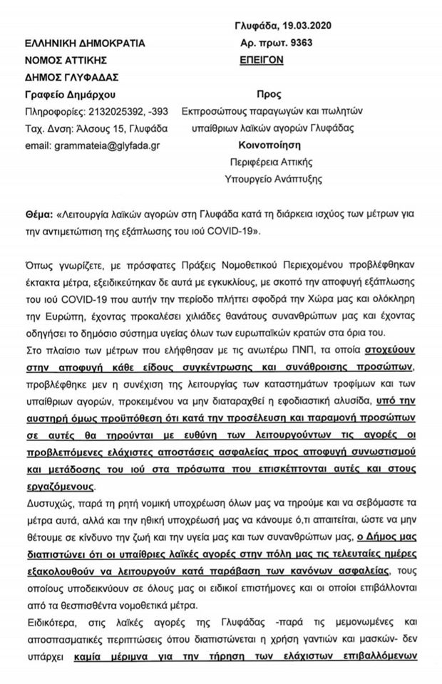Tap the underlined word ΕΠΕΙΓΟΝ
tap(263, 61)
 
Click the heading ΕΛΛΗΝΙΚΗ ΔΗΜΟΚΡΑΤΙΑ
tap(85, 43)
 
